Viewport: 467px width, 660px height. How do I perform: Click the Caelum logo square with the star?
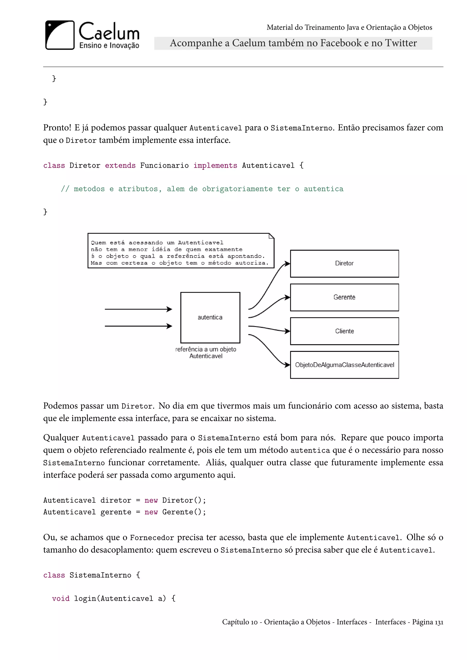pos(60,35)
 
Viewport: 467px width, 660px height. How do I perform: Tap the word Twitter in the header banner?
pos(401,43)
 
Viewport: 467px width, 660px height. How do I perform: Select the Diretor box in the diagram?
pos(344,263)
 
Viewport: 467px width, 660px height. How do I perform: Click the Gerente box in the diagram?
pos(344,297)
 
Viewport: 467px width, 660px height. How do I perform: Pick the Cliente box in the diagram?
pos(344,331)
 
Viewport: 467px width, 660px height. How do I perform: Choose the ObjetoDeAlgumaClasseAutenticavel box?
pos(344,365)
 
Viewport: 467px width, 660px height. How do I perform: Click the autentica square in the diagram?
pos(210,317)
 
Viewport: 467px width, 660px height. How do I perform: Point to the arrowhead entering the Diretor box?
pos(287,264)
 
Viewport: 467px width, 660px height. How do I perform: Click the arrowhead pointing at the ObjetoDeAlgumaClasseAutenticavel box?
pos(287,365)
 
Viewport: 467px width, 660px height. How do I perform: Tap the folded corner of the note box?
pos(271,236)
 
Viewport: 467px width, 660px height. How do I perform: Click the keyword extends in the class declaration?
pos(120,166)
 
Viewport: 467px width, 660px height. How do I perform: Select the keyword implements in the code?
pos(215,166)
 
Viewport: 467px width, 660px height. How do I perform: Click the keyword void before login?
pos(61,598)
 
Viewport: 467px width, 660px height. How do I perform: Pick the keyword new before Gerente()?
pos(151,512)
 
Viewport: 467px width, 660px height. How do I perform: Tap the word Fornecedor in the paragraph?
pos(152,538)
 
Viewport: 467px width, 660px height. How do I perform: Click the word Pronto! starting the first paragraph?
pos(57,128)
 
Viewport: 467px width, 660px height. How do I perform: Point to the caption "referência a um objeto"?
pos(206,349)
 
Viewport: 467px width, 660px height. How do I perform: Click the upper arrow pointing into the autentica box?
pos(138,309)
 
